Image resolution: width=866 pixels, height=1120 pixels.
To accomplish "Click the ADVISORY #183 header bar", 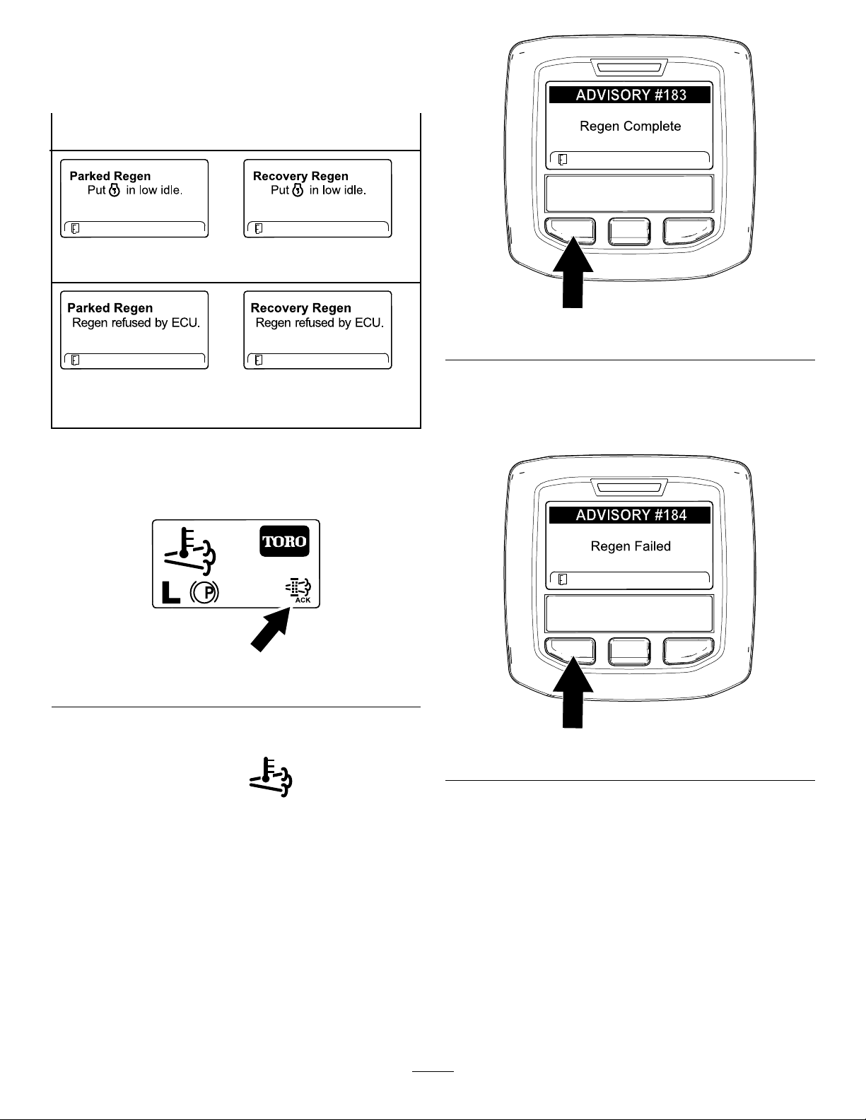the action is click(x=629, y=95).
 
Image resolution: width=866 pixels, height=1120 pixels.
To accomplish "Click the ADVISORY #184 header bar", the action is click(x=629, y=515).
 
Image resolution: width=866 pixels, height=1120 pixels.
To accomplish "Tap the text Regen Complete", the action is click(x=630, y=126).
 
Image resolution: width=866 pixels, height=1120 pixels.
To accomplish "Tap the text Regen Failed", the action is click(x=631, y=546).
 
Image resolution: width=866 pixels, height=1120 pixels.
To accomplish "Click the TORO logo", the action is click(x=284, y=541).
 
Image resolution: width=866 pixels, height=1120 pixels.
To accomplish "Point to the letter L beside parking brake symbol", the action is click(x=170, y=593).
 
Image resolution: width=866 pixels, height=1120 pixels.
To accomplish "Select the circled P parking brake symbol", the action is click(x=204, y=593).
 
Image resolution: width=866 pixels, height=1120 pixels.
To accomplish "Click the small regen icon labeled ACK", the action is click(x=298, y=590).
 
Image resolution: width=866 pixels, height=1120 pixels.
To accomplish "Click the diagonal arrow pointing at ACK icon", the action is click(x=271, y=630).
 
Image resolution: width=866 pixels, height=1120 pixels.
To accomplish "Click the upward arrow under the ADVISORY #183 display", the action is click(x=573, y=272).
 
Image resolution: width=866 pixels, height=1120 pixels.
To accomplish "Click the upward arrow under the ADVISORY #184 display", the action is click(x=573, y=692).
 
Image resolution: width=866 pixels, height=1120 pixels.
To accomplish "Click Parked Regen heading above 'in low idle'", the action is click(x=110, y=176).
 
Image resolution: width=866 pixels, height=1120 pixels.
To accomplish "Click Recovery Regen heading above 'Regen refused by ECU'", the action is click(x=301, y=308).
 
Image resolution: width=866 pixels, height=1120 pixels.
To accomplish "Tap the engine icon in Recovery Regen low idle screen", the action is click(x=298, y=191).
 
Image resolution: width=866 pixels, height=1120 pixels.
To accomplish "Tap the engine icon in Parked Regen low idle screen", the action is click(x=115, y=191).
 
